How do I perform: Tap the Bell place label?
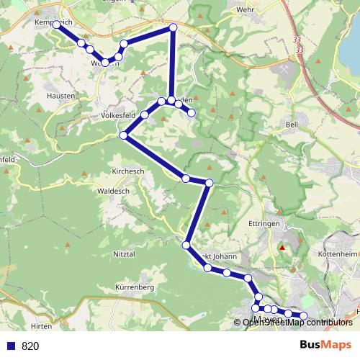pyautogui.click(x=292, y=124)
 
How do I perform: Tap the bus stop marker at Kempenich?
pyautogui.click(x=56, y=25)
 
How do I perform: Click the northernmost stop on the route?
pyautogui.click(x=173, y=28)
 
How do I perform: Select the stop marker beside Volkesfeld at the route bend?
pyautogui.click(x=124, y=135)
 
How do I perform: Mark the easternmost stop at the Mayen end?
pyautogui.click(x=303, y=316)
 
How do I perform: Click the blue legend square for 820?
pyautogui.click(x=10, y=346)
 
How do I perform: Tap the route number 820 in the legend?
pyautogui.click(x=30, y=346)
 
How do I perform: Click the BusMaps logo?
pyautogui.click(x=325, y=345)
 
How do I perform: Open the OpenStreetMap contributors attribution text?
pyautogui.click(x=297, y=323)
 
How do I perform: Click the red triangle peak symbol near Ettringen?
pyautogui.click(x=283, y=249)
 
